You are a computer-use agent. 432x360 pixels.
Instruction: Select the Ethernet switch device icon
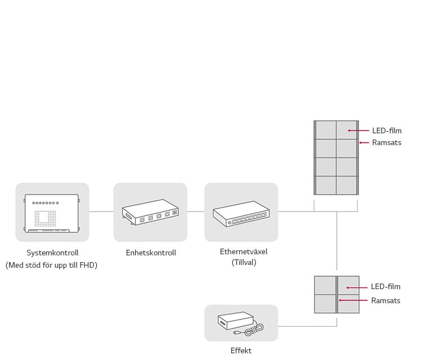tap(241, 213)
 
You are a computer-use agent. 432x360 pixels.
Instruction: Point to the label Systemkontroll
tap(52, 253)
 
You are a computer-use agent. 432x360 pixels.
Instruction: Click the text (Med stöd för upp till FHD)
tap(52, 265)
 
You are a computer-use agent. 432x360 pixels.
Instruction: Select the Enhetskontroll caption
tap(151, 253)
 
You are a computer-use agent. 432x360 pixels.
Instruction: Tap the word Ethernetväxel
tap(244, 251)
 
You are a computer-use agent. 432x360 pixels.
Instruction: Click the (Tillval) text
tap(244, 262)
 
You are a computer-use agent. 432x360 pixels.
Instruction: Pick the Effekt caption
tap(241, 350)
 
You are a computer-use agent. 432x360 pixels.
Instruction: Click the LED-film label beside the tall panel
tap(387, 131)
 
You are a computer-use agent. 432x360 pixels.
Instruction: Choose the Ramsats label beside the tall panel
tap(387, 143)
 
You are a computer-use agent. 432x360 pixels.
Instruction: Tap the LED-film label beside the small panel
tap(386, 287)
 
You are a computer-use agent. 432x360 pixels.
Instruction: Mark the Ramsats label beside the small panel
tap(386, 301)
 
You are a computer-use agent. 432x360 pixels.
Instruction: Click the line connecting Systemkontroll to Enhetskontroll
tap(101, 212)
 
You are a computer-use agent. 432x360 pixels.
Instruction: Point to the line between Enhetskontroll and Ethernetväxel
tap(196, 212)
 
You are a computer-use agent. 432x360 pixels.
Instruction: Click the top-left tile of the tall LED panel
tap(326, 130)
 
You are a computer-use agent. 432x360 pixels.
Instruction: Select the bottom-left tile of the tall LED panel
tap(326, 185)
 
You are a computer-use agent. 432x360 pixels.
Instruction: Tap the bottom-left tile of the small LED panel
tap(325, 304)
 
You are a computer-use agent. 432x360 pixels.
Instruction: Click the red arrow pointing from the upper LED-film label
tap(358, 130)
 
